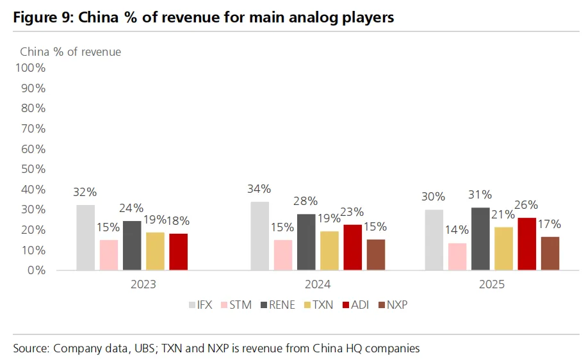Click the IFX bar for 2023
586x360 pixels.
point(85,237)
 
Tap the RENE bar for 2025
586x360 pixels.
point(480,238)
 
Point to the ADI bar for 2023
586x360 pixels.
point(178,252)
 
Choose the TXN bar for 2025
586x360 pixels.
point(503,249)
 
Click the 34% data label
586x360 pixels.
point(259,189)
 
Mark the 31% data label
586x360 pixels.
point(480,195)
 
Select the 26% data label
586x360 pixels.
point(526,205)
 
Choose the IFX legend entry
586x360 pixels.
point(200,305)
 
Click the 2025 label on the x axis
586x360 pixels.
point(492,284)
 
